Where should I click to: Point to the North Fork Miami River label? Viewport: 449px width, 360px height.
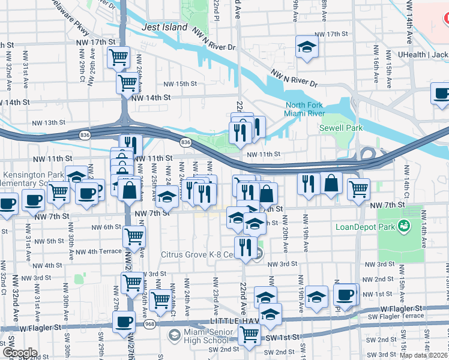(x=304, y=109)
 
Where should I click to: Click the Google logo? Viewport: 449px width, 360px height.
(x=19, y=353)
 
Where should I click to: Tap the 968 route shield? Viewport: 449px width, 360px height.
(x=147, y=324)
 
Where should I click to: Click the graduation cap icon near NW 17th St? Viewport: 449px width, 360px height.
(x=307, y=47)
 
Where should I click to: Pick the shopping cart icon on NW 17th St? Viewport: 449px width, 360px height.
(x=119, y=58)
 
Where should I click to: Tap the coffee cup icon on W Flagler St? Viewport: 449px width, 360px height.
(x=124, y=322)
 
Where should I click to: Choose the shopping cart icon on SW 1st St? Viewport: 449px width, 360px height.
(x=249, y=335)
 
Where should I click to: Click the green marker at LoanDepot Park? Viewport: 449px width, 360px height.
(x=405, y=226)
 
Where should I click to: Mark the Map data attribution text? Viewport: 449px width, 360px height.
(x=424, y=355)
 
